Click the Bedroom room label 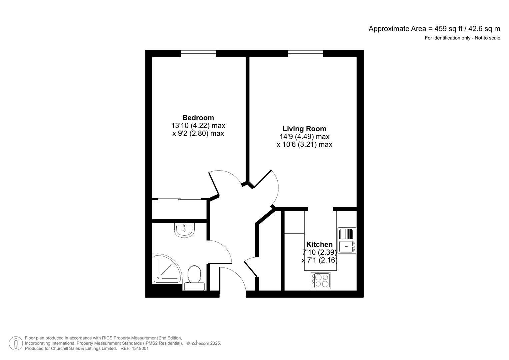pos(198,118)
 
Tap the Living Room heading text pos(304,129)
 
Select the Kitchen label pos(319,244)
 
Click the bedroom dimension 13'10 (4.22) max pos(198,126)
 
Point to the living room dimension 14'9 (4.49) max pos(304,137)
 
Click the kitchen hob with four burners pos(321,280)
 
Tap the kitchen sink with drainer pos(347,241)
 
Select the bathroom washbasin pos(184,230)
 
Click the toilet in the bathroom pos(194,278)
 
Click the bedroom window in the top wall pos(198,53)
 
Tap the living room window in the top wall pos(306,53)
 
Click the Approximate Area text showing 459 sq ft pos(434,29)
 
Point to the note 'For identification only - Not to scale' pos(462,38)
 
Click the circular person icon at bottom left pos(16,343)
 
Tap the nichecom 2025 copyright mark pos(203,343)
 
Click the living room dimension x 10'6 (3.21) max pos(304,144)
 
